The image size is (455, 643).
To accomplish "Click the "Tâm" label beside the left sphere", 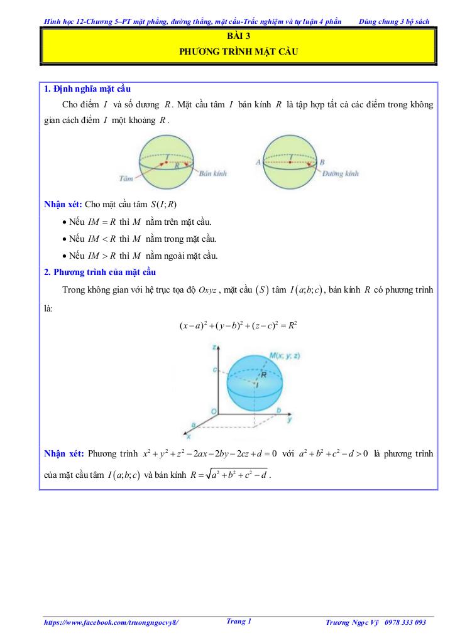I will tap(125, 179).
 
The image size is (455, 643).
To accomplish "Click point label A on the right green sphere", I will tap(258, 161).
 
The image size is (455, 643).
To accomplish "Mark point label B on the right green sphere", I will tap(322, 161).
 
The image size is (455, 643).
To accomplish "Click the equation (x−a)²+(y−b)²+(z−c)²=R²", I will tap(238, 325).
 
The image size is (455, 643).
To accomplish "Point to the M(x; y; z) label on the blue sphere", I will tap(285, 356).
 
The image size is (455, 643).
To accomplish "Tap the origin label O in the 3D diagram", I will tap(214, 411).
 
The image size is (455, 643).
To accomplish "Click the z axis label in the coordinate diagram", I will tap(215, 347).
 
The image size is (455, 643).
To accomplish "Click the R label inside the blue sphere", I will tap(265, 374).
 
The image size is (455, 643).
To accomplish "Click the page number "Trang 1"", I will tap(238, 621).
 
